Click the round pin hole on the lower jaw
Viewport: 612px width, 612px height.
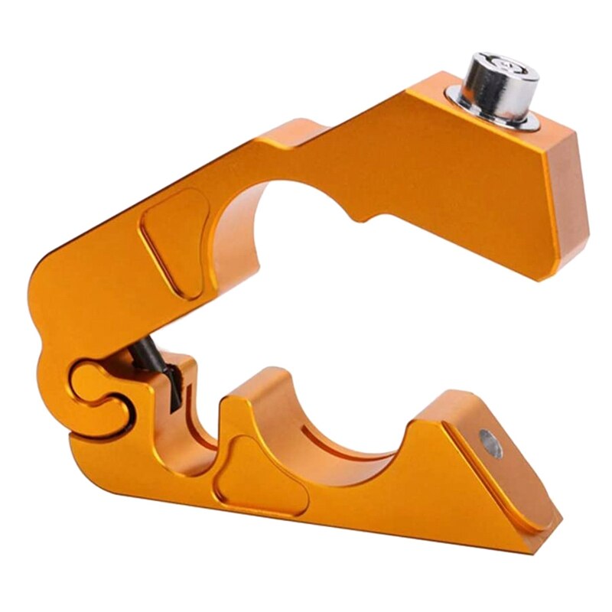(x=490, y=443)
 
